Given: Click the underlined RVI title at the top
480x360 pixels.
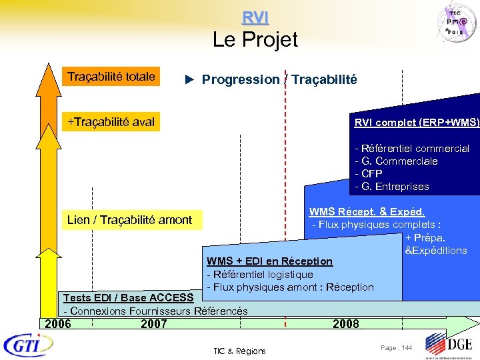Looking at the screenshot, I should coord(255,17).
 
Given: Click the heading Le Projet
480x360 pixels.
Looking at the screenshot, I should coord(255,40).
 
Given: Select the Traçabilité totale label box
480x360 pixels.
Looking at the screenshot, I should coord(111,77).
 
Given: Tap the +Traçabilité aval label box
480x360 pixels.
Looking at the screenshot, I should coord(111,121).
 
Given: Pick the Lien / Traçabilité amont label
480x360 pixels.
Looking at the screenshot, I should coord(130,219).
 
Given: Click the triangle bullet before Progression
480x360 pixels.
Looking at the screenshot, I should coord(189,80).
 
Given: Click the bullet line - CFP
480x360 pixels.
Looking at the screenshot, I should coord(369,173).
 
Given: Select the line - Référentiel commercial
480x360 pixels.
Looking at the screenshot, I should coord(412,148).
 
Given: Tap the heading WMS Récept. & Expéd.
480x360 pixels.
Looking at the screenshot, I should coord(367,212).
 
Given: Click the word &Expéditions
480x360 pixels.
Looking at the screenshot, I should coord(435,251).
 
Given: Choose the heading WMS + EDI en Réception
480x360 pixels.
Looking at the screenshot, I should coord(269,261).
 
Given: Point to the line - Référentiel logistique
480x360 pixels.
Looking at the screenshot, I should coord(260,274).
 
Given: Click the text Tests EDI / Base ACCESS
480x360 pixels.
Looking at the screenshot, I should coord(128,297).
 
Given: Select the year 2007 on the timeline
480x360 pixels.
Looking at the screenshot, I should coord(154,324).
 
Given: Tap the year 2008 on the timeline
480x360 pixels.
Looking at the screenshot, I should coord(345,324).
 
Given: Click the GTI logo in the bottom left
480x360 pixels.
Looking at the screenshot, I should coord(29,345).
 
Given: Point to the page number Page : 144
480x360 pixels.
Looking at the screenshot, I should coord(396,348).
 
